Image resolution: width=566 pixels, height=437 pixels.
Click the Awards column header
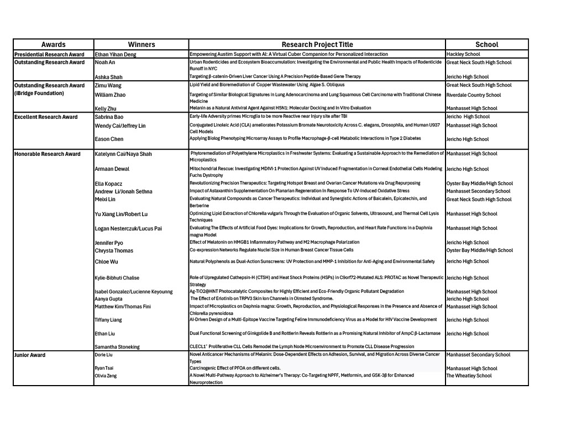tap(53, 45)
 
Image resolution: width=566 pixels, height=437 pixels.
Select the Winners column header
tap(141, 45)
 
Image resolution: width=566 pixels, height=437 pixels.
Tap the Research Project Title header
tap(317, 45)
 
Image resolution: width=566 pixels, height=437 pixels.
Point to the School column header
tap(486, 45)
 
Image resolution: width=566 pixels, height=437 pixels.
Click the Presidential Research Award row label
tap(49, 54)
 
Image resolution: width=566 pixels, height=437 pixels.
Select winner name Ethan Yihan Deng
tap(116, 55)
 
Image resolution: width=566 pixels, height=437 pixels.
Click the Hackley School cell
tap(463, 54)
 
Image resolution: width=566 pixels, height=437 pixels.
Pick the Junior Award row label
tap(30, 355)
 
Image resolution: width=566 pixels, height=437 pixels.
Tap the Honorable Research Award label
tap(47, 154)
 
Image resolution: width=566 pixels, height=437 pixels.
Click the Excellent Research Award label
tap(46, 117)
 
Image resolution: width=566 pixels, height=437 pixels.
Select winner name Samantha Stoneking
tap(117, 347)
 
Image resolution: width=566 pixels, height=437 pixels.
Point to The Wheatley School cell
tap(469, 376)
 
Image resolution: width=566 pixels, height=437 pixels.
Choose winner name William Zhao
tap(110, 95)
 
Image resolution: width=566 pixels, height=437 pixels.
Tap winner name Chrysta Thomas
tap(114, 251)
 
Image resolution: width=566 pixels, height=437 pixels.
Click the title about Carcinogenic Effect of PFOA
tap(235, 368)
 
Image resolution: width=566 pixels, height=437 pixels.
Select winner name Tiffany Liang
tap(108, 320)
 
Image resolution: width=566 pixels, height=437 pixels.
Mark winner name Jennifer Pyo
tap(109, 243)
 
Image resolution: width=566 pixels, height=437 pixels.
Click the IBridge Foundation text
tap(39, 93)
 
